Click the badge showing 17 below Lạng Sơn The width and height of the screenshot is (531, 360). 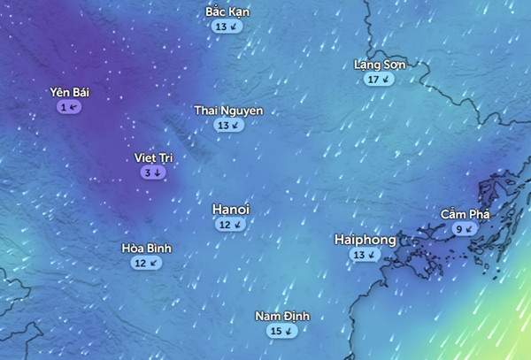point(379,80)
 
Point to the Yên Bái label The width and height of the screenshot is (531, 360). point(70,92)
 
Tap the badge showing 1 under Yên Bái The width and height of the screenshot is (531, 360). point(69,106)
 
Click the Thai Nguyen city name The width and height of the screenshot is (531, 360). point(228,111)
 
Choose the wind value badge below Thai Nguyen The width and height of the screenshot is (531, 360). point(228,126)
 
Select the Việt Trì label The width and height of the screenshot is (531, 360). point(153,157)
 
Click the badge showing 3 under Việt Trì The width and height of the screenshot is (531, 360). point(153,172)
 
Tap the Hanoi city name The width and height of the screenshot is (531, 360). point(231,209)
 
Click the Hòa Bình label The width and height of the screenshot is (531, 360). point(147,249)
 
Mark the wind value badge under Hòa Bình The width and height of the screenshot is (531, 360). point(147,263)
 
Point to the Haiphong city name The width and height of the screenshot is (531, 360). point(365,240)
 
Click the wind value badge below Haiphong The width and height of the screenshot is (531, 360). point(364,255)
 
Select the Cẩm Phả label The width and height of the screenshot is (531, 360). point(465,214)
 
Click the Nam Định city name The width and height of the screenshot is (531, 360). point(282,317)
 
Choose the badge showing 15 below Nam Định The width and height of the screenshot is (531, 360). point(282,331)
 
